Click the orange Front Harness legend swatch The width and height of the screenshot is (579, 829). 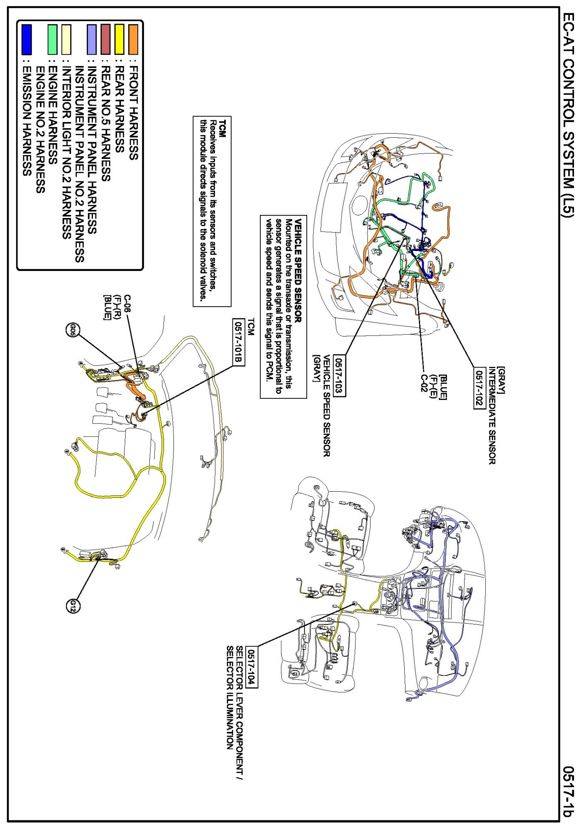tap(133, 39)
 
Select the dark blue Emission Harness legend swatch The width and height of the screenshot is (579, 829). tap(27, 39)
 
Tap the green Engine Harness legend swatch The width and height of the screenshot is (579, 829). tap(52, 39)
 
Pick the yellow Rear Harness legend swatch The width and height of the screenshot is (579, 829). tap(120, 39)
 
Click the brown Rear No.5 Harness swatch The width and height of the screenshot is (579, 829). tap(106, 39)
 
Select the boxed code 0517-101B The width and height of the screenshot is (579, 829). tap(238, 342)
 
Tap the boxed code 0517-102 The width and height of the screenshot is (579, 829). tap(479, 389)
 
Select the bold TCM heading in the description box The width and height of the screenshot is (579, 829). tap(223, 126)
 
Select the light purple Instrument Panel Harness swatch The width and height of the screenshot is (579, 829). tap(92, 39)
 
